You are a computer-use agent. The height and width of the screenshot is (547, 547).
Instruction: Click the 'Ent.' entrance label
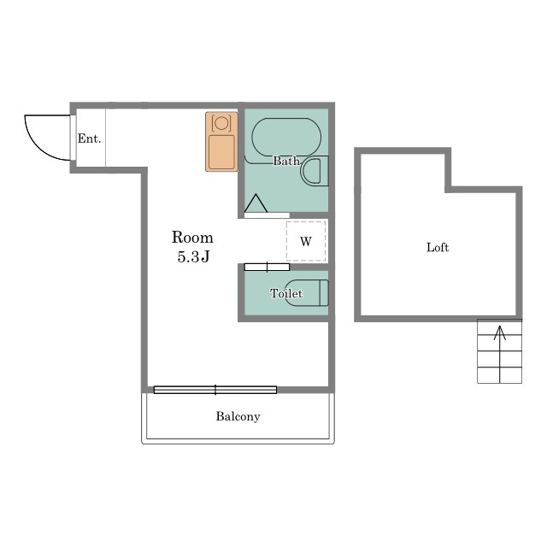(89, 138)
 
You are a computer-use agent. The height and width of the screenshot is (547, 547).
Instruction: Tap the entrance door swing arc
(36, 147)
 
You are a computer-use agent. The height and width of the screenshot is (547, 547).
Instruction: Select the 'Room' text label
(192, 238)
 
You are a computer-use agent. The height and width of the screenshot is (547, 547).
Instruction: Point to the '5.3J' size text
(193, 257)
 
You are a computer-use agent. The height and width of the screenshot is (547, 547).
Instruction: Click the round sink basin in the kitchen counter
(221, 123)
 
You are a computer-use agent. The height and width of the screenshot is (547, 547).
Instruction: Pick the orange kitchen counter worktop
(221, 142)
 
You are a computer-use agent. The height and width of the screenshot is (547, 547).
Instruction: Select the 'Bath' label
(286, 161)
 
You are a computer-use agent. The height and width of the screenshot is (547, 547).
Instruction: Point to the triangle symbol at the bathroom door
(256, 203)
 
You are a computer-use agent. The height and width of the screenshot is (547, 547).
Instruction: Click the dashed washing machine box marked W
(306, 241)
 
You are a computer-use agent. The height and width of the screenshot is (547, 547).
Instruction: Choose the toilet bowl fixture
(307, 292)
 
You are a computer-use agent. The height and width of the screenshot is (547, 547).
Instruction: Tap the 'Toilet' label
(286, 293)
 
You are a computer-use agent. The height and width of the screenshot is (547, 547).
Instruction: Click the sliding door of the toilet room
(267, 268)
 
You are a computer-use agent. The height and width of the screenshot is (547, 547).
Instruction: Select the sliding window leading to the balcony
(215, 390)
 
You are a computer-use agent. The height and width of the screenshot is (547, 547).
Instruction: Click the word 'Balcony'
(238, 416)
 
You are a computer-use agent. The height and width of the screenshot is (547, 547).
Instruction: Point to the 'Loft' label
(438, 247)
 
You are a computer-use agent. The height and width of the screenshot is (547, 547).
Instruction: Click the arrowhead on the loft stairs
(500, 332)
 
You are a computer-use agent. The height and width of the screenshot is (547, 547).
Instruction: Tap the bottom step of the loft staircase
(499, 375)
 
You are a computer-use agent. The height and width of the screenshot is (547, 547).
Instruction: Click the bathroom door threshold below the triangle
(267, 215)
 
